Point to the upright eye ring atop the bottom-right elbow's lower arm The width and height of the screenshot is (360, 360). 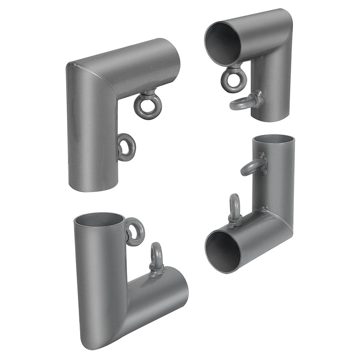pyautogui.click(x=234, y=210)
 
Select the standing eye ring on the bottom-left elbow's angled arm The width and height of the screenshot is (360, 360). pyautogui.click(x=156, y=258)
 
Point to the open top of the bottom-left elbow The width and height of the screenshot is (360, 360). pyautogui.click(x=99, y=220)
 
